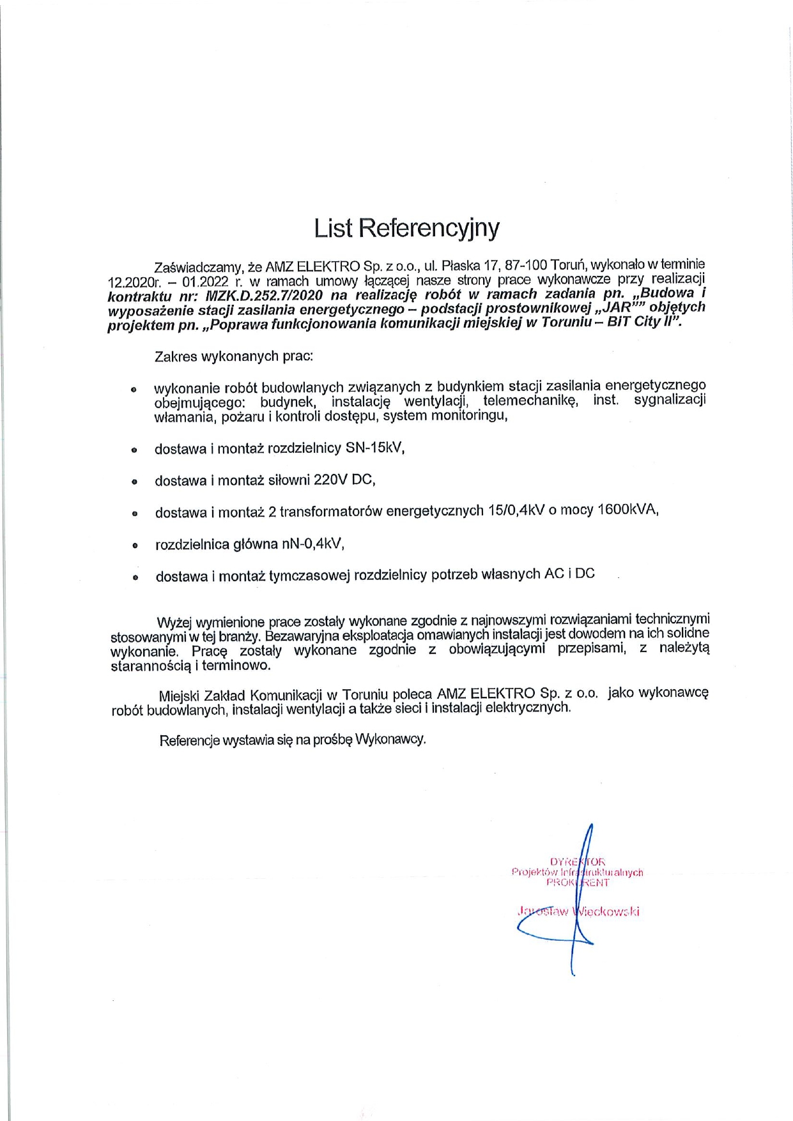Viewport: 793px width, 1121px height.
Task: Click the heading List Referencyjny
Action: coord(406,228)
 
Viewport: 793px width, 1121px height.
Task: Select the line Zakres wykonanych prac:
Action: coord(234,356)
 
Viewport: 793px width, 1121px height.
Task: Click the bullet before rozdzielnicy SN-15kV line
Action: coord(134,450)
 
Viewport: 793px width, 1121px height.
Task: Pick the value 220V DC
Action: coord(343,480)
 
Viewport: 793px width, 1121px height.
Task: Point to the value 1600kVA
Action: coord(626,510)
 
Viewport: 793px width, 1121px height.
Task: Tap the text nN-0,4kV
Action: coord(312,544)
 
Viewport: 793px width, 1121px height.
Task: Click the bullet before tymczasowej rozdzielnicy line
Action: coord(135,577)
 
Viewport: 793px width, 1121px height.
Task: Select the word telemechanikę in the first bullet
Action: coord(530,401)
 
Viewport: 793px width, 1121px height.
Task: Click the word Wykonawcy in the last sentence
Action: coord(390,740)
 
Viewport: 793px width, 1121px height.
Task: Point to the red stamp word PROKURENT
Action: coord(577,883)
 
